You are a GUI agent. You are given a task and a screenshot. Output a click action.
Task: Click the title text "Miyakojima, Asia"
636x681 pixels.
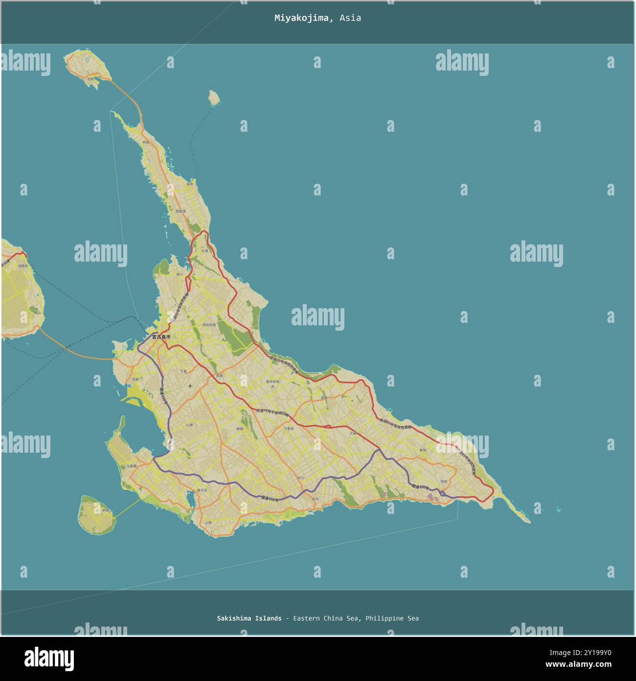pyautogui.click(x=318, y=18)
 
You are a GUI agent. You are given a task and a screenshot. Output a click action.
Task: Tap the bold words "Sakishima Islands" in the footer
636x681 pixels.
pyautogui.click(x=249, y=618)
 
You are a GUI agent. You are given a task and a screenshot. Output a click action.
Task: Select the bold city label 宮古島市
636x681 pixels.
pyautogui.click(x=161, y=337)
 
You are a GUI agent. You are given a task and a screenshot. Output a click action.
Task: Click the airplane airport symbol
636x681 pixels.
pyautogui.click(x=190, y=386)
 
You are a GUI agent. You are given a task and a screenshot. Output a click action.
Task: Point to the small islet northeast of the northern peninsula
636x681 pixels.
pyautogui.click(x=213, y=97)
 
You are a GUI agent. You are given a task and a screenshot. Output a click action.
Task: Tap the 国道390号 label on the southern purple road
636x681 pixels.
pyautogui.click(x=270, y=499)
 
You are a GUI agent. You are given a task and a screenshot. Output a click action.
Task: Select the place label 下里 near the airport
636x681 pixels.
pyautogui.click(x=183, y=371)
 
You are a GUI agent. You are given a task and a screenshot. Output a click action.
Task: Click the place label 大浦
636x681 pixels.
pyautogui.click(x=204, y=251)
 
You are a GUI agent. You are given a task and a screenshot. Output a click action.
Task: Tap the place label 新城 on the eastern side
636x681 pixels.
pyautogui.click(x=423, y=450)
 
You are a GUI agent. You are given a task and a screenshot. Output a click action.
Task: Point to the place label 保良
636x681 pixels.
pyautogui.click(x=444, y=481)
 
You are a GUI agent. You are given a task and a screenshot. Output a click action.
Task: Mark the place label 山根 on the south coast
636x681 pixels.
pyautogui.click(x=208, y=523)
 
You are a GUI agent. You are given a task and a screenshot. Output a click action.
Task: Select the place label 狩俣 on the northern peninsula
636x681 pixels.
pyautogui.click(x=145, y=142)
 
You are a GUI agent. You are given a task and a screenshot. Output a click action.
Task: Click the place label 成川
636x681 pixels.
pyautogui.click(x=180, y=274)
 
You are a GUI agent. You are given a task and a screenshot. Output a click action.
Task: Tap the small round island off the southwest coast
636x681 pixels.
pyautogui.click(x=97, y=514)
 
